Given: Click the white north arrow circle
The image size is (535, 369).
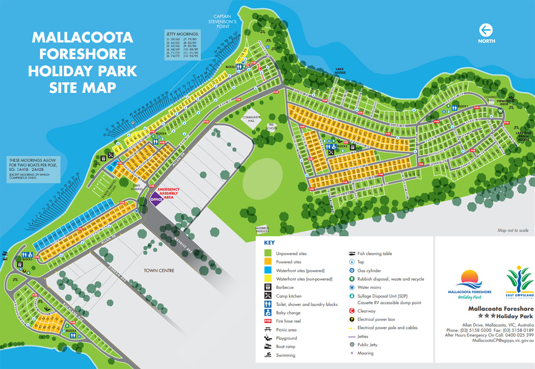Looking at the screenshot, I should pyautogui.click(x=486, y=30).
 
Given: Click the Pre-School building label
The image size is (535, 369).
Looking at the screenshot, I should pyautogui.click(x=272, y=127).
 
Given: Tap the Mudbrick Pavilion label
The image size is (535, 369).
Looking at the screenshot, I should pyautogui.click(x=263, y=230).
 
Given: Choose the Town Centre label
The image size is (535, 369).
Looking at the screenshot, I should pyautogui.click(x=159, y=271).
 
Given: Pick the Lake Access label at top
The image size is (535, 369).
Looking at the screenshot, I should pyautogui.click(x=340, y=71).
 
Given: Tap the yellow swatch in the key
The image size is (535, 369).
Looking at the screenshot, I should pyautogui.click(x=268, y=279).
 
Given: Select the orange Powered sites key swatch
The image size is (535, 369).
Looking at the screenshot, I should pyautogui.click(x=268, y=262).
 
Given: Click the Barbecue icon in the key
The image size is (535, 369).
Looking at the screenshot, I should pyautogui.click(x=268, y=287).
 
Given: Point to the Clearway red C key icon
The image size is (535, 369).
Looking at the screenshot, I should pyautogui.click(x=352, y=311).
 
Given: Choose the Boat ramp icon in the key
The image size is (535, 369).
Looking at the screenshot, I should pyautogui.click(x=268, y=347).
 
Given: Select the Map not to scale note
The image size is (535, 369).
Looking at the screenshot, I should pyautogui.click(x=513, y=230).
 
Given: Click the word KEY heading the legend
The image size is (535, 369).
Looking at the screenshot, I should pyautogui.click(x=269, y=243).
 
